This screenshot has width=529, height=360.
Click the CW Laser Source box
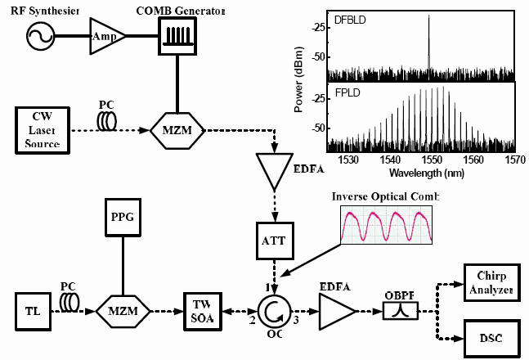tap(41, 129)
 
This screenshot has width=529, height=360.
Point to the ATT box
tap(271, 243)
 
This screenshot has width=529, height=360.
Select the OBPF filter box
tap(400, 311)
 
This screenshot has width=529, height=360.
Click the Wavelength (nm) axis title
tap(421, 173)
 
